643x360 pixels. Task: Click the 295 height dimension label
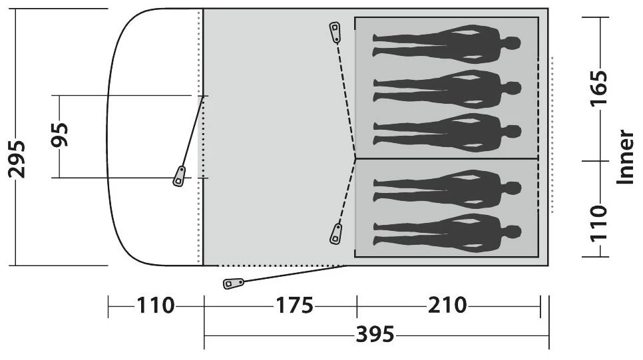[17, 159]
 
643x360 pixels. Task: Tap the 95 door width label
[60, 134]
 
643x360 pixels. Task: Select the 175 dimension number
[294, 305]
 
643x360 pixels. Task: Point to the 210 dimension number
[447, 305]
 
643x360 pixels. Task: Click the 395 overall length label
[375, 334]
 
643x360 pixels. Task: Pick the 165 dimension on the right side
[598, 89]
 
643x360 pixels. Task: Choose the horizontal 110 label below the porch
[155, 305]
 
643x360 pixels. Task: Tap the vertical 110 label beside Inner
[598, 224]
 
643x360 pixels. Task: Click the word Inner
[626, 157]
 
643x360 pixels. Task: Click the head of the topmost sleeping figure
[512, 43]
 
